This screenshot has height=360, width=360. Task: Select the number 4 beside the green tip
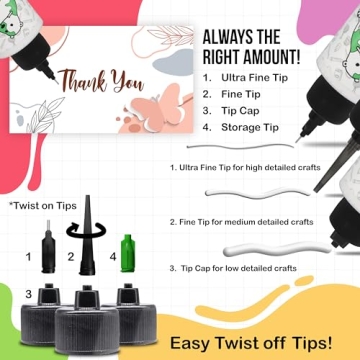[x=112, y=257]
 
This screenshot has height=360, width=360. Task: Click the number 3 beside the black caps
[x=28, y=293]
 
